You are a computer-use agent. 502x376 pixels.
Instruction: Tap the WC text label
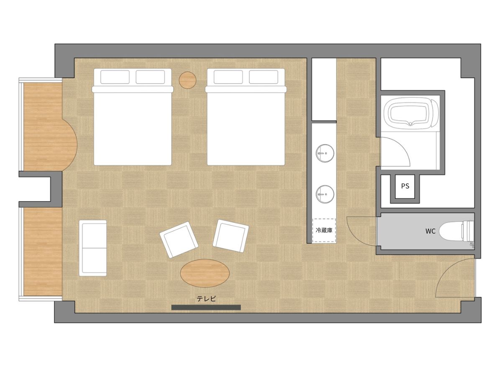pyautogui.click(x=430, y=231)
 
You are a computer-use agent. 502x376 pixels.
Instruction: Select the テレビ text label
pyautogui.click(x=206, y=299)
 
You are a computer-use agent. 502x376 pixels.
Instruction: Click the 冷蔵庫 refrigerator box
pyautogui.click(x=324, y=230)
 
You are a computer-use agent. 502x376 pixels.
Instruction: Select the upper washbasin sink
pyautogui.click(x=325, y=153)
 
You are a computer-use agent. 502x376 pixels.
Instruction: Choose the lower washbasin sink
pyautogui.click(x=325, y=194)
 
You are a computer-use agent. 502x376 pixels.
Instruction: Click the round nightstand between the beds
pyautogui.click(x=187, y=80)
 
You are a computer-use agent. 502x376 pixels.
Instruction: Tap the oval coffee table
pyautogui.click(x=205, y=273)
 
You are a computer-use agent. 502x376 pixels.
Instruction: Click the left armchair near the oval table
pyautogui.click(x=179, y=240)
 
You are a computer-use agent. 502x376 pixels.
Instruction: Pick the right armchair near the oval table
pyautogui.click(x=231, y=236)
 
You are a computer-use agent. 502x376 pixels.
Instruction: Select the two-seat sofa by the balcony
pyautogui.click(x=93, y=248)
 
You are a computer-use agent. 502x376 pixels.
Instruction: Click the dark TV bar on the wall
pyautogui.click(x=206, y=307)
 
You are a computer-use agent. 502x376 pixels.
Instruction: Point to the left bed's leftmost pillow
pyautogui.click(x=115, y=77)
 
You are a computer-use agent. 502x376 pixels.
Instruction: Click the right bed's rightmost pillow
pyautogui.click(x=264, y=77)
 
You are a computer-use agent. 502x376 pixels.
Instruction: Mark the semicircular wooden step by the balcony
pyautogui.click(x=69, y=145)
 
